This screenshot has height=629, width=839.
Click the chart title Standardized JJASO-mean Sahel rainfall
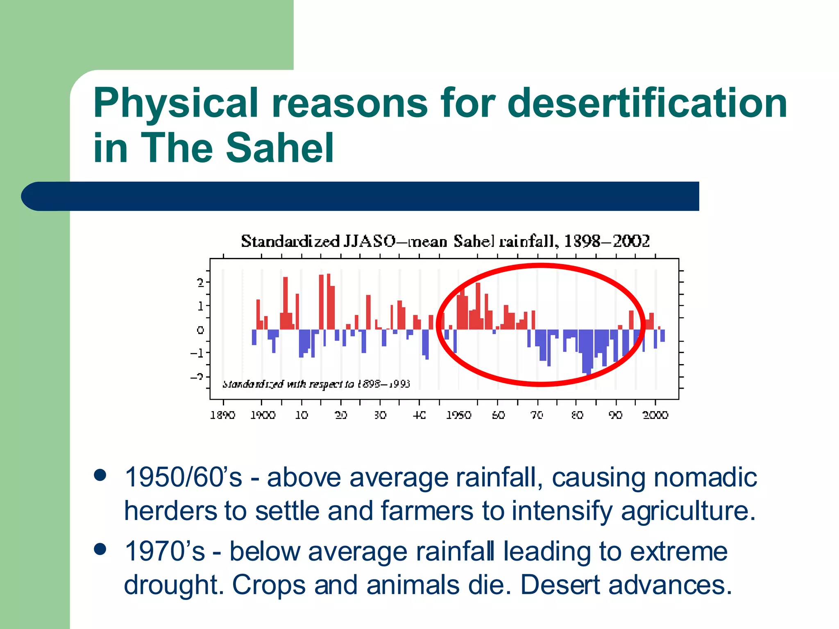tap(445, 241)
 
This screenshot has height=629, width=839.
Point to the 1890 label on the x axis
tap(222, 415)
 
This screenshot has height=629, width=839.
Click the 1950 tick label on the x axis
tap(458, 415)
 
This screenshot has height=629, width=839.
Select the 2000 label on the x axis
tap(655, 415)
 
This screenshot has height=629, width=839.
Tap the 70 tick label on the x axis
tap(537, 415)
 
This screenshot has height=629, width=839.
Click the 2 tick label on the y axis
tap(200, 283)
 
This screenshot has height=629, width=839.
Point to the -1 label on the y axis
tap(197, 353)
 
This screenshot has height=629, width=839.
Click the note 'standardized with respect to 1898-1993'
tap(316, 384)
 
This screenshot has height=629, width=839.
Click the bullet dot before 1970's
tap(100, 549)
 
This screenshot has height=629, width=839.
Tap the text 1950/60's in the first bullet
tap(183, 477)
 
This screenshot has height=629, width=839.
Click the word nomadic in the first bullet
tap(705, 477)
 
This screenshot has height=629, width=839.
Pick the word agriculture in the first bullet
tap(688, 511)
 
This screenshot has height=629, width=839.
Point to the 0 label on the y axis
tap(200, 330)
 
